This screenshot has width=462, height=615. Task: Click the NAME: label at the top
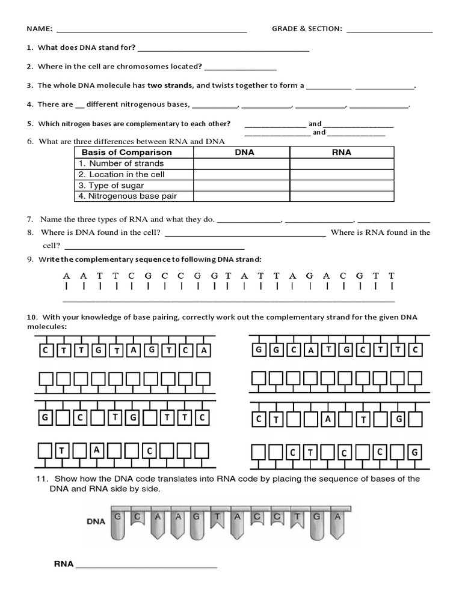[x=38, y=29]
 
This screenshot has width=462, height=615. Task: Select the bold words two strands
[x=170, y=85]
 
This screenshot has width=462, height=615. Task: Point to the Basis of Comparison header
[x=126, y=153]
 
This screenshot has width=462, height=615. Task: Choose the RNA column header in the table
[x=342, y=153]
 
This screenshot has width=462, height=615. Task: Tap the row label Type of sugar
[x=116, y=186]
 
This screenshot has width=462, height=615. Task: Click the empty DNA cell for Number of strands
[x=241, y=163]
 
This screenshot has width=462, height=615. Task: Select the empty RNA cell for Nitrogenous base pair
[x=342, y=196]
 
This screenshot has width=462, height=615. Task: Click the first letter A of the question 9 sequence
[x=66, y=276]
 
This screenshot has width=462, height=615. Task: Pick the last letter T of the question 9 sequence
[x=392, y=276]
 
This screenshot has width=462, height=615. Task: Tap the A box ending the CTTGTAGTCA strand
[x=204, y=350]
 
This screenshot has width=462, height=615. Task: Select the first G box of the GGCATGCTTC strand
[x=259, y=350]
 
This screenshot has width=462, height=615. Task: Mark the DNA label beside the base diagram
[x=96, y=521]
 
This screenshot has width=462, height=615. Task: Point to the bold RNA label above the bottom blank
[x=64, y=564]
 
